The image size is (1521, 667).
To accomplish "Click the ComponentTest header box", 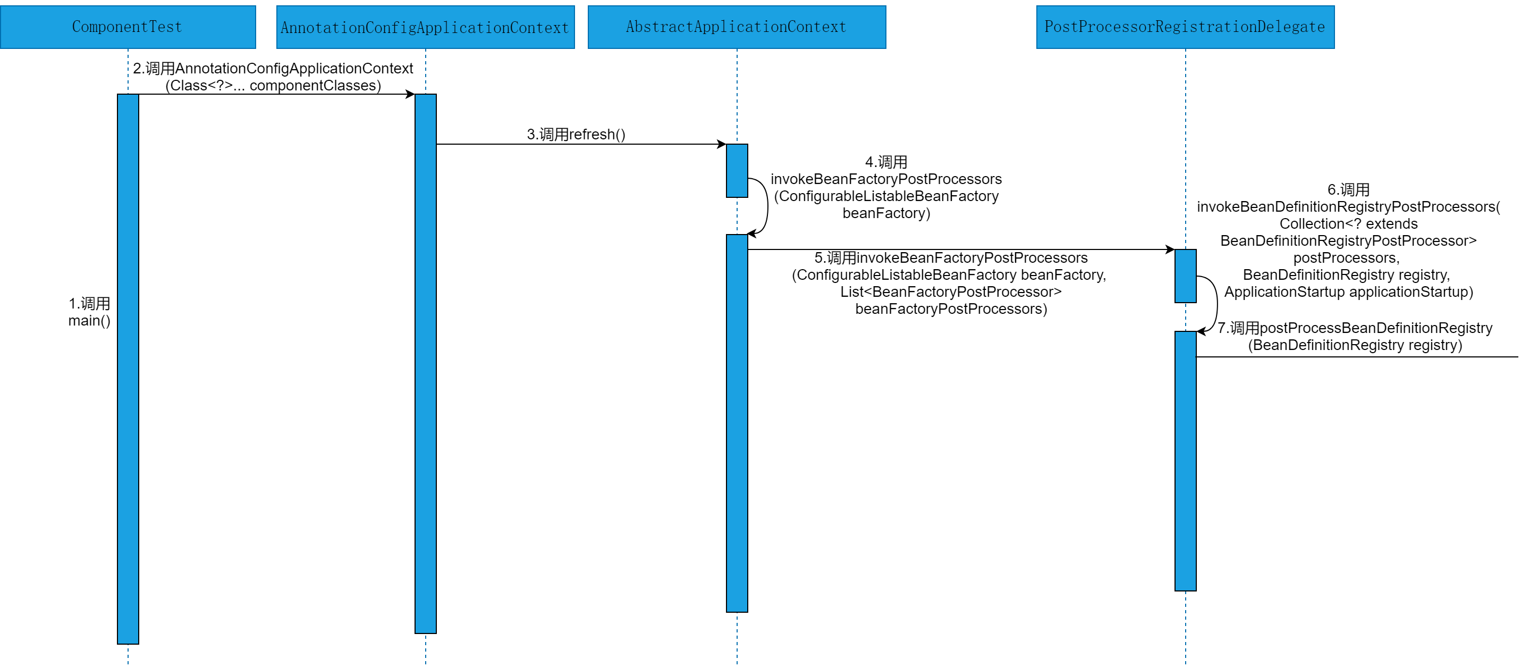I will click(x=128, y=27).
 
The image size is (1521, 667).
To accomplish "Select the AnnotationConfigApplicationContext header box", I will click(x=425, y=27).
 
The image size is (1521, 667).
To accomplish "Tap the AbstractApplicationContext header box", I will click(x=736, y=27).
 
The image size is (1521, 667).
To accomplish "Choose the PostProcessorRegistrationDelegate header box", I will click(x=1185, y=27).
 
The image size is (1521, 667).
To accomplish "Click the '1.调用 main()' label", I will click(x=89, y=312).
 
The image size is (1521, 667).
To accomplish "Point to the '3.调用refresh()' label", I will click(x=576, y=135).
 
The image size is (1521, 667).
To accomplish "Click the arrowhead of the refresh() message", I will click(x=722, y=144).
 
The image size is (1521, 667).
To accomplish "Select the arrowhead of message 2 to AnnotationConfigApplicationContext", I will click(x=410, y=95).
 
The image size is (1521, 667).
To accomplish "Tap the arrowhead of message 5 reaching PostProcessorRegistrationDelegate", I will click(x=1170, y=250).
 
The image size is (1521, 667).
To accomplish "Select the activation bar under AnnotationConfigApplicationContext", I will click(x=426, y=363).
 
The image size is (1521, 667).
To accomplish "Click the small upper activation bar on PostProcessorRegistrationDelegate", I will click(x=1186, y=276).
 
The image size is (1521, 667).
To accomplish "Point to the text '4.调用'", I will click(x=886, y=162).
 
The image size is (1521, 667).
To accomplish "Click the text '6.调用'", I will click(x=1348, y=190).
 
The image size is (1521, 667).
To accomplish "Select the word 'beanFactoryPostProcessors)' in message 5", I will click(x=951, y=309).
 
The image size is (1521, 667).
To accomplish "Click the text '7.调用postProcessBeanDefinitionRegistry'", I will click(x=1355, y=329).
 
